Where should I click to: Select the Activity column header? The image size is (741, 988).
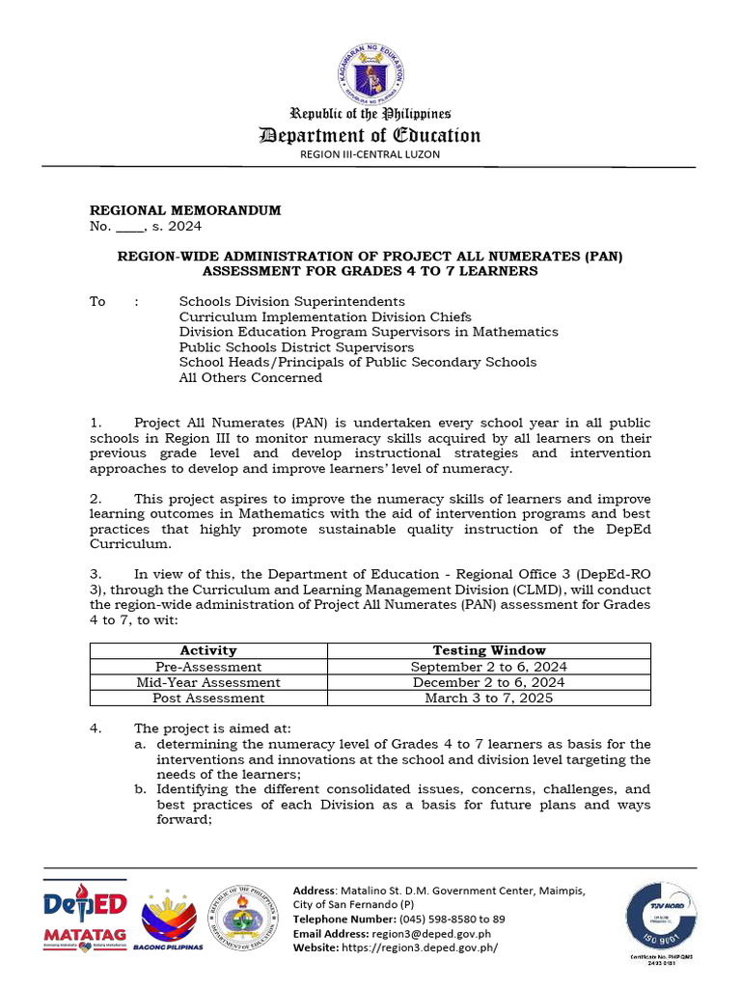point(208,650)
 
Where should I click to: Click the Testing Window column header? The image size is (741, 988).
point(488,650)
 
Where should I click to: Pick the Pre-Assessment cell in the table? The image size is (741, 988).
point(208,667)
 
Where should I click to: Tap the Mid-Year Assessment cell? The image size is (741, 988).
point(208,682)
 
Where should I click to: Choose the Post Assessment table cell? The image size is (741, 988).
point(208,698)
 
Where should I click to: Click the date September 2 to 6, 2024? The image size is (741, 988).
point(488,667)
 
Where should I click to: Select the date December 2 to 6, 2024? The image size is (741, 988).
point(488,682)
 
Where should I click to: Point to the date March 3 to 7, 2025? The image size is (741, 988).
point(488,698)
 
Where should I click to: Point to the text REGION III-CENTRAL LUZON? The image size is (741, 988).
point(370,154)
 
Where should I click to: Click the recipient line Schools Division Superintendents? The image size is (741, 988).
point(291,301)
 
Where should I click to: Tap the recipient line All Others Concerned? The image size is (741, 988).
point(250,377)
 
